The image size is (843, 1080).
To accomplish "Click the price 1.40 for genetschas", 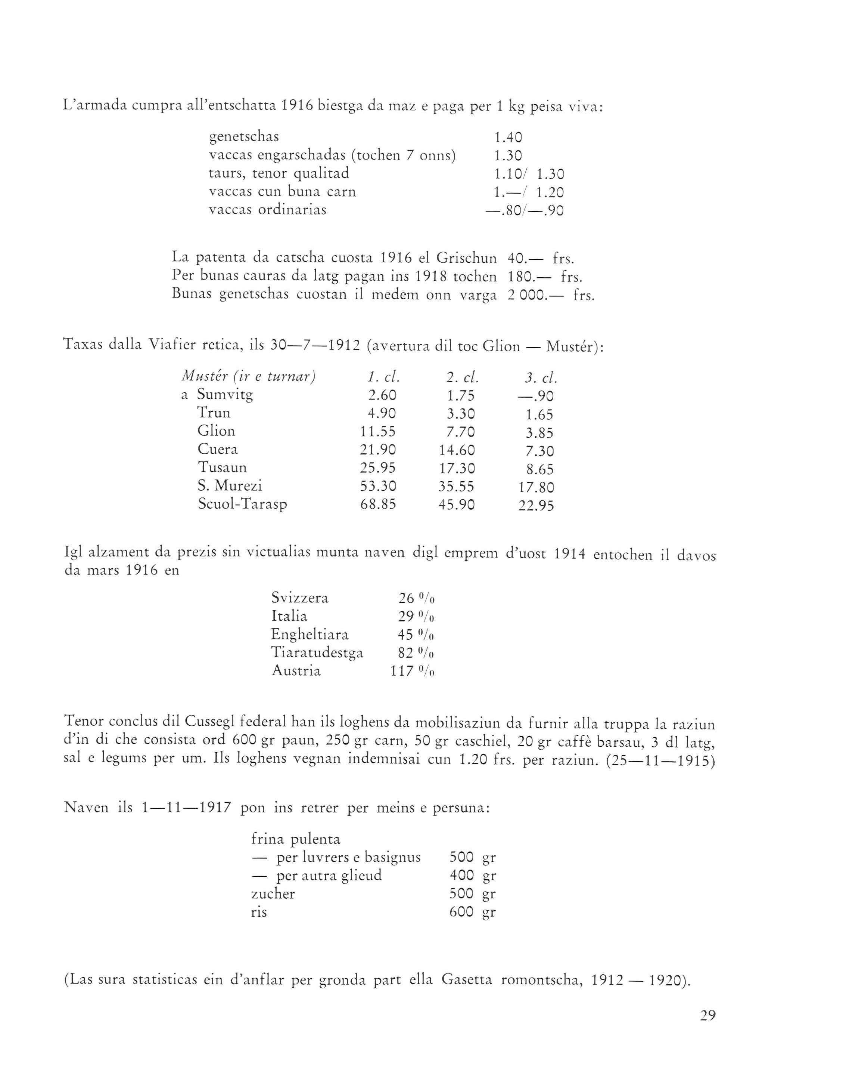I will pyautogui.click(x=508, y=138).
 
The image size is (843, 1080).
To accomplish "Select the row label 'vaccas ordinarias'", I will pyautogui.click(x=267, y=210).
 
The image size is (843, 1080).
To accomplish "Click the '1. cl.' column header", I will pyautogui.click(x=383, y=378).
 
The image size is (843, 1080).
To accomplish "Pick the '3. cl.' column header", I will pyautogui.click(x=541, y=379).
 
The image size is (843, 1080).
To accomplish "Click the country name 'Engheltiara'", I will pyautogui.click(x=309, y=635).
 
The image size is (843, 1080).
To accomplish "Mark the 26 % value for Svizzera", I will pyautogui.click(x=416, y=599).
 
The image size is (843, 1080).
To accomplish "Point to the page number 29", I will pyautogui.click(x=707, y=1016).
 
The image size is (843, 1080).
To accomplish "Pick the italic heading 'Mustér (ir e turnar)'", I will pyautogui.click(x=249, y=377).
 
